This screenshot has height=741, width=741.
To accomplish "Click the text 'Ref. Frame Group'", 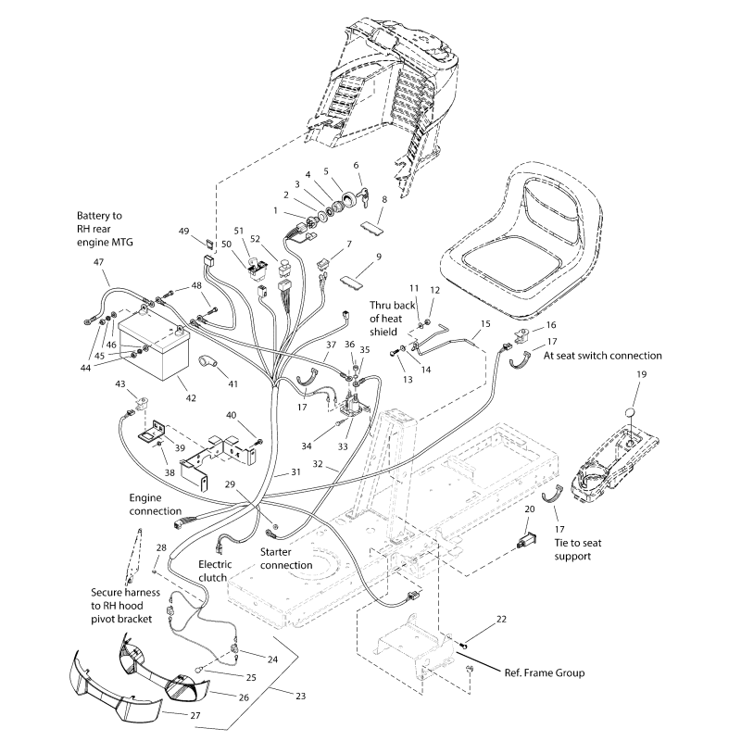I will [x=544, y=673].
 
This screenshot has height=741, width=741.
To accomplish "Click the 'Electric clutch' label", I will [x=215, y=570].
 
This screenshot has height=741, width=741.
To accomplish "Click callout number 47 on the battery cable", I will [x=99, y=263].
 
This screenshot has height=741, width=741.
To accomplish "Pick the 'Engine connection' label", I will [x=156, y=504].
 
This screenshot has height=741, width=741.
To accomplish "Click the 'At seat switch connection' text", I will [x=603, y=355].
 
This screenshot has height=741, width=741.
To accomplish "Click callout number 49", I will [x=183, y=231].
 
